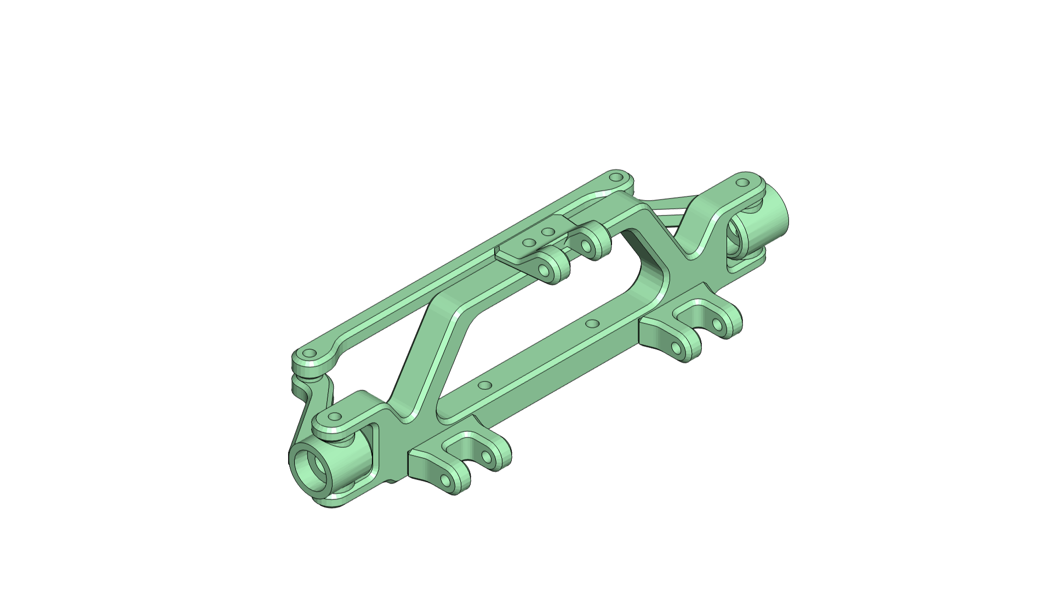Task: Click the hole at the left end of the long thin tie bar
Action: tap(310, 354)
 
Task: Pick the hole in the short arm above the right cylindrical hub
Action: tap(742, 182)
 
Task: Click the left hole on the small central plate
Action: tap(529, 242)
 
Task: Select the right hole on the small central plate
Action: tap(547, 232)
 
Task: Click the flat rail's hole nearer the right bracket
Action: tap(591, 323)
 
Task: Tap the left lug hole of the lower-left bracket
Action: tap(445, 482)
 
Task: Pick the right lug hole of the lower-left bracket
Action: tap(487, 457)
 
